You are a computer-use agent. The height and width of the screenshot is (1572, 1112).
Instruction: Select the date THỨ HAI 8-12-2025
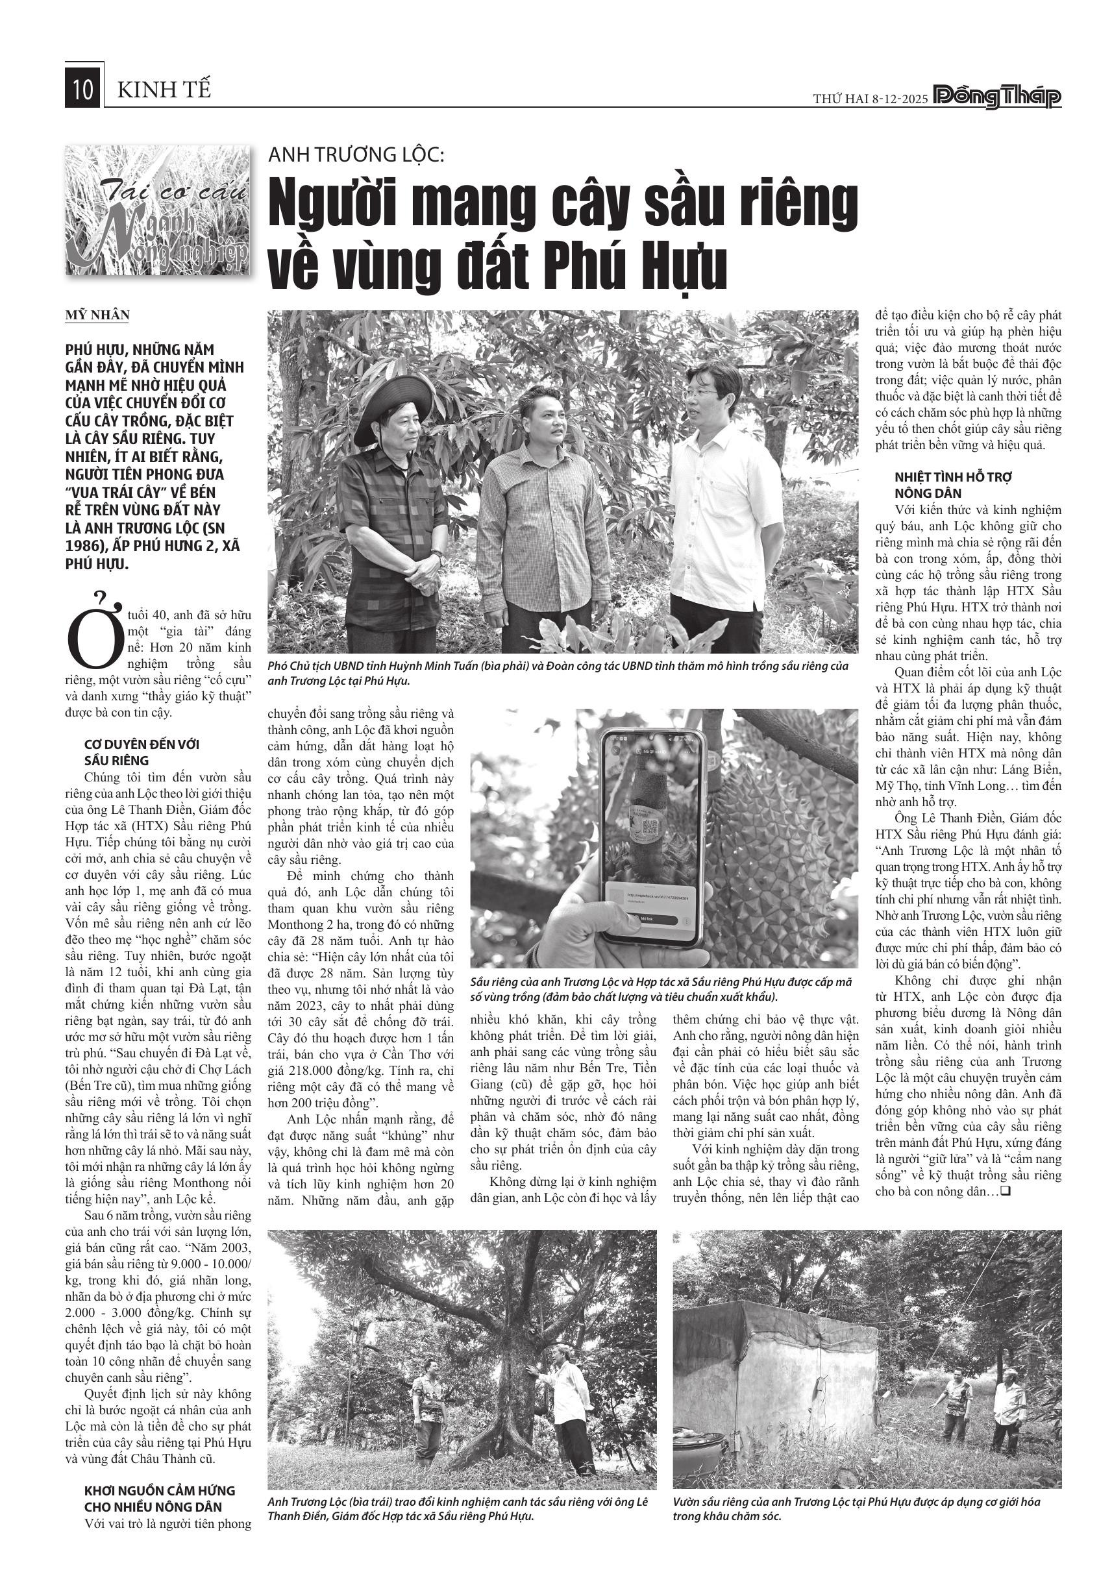(x=870, y=99)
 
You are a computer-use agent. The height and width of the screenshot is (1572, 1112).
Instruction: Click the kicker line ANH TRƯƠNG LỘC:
(x=356, y=154)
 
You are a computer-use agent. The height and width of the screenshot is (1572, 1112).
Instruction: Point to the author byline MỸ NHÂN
(x=97, y=315)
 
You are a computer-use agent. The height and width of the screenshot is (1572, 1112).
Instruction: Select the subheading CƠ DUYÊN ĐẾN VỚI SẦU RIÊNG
(x=142, y=752)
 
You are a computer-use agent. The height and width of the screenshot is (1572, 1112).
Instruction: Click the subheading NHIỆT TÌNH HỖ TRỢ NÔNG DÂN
(x=944, y=485)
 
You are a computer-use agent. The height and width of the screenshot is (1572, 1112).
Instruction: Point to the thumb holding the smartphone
(x=582, y=921)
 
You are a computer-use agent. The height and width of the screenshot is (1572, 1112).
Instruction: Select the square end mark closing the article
(x=1006, y=1191)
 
